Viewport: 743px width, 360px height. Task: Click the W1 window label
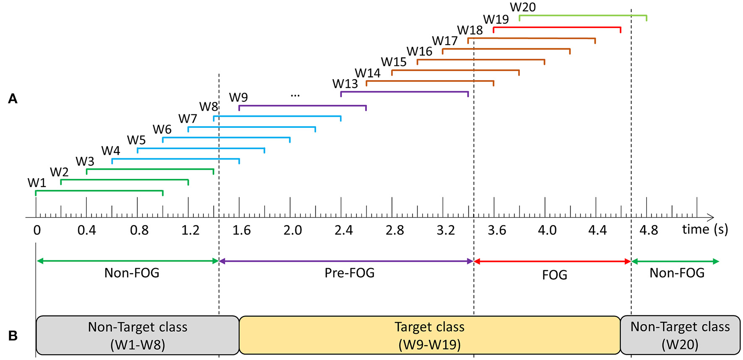(x=37, y=183)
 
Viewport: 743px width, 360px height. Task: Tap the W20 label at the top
(x=522, y=7)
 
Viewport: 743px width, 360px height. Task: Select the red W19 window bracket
(x=556, y=27)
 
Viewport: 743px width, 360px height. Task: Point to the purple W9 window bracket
(x=302, y=106)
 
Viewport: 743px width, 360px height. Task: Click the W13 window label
(x=345, y=84)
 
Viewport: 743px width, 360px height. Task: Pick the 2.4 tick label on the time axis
(x=343, y=230)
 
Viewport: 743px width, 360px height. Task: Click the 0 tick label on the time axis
(x=37, y=230)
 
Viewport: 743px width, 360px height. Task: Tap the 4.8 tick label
(x=649, y=230)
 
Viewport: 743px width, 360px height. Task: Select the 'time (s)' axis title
(x=705, y=229)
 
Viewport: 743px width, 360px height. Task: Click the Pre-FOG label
(x=349, y=273)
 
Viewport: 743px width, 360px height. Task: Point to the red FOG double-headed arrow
(x=552, y=262)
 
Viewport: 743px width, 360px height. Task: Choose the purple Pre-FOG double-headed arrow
(x=346, y=261)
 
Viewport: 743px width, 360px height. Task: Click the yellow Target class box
(x=429, y=335)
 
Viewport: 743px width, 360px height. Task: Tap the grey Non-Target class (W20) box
(x=680, y=335)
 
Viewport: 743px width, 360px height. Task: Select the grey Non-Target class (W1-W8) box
(x=138, y=335)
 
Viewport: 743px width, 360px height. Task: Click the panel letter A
(x=13, y=99)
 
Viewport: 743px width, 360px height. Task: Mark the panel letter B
(x=13, y=336)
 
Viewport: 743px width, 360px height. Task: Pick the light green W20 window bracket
(x=583, y=16)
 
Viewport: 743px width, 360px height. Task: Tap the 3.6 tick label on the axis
(x=497, y=230)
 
